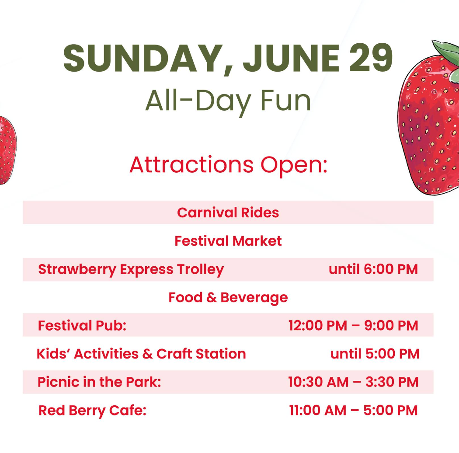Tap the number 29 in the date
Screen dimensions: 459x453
click(x=371, y=58)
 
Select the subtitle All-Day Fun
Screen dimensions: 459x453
click(x=228, y=101)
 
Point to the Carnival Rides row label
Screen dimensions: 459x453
click(x=228, y=213)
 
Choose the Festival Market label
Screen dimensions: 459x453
click(x=228, y=241)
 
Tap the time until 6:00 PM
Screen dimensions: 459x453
click(x=373, y=269)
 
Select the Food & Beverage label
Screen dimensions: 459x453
click(x=228, y=298)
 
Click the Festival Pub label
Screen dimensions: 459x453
click(x=82, y=326)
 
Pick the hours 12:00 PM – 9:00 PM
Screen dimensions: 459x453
click(x=353, y=326)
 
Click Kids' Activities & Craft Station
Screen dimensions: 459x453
click(x=141, y=354)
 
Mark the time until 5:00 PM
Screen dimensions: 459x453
click(x=375, y=354)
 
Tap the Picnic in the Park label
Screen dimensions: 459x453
click(x=99, y=382)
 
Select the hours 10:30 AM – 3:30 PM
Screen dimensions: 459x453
click(x=353, y=382)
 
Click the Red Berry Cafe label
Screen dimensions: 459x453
click(x=92, y=411)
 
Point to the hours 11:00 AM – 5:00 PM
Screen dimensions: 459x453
click(x=353, y=410)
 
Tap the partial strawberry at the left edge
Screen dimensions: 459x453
click(x=7, y=150)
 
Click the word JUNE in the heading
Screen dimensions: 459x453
click(x=291, y=58)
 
